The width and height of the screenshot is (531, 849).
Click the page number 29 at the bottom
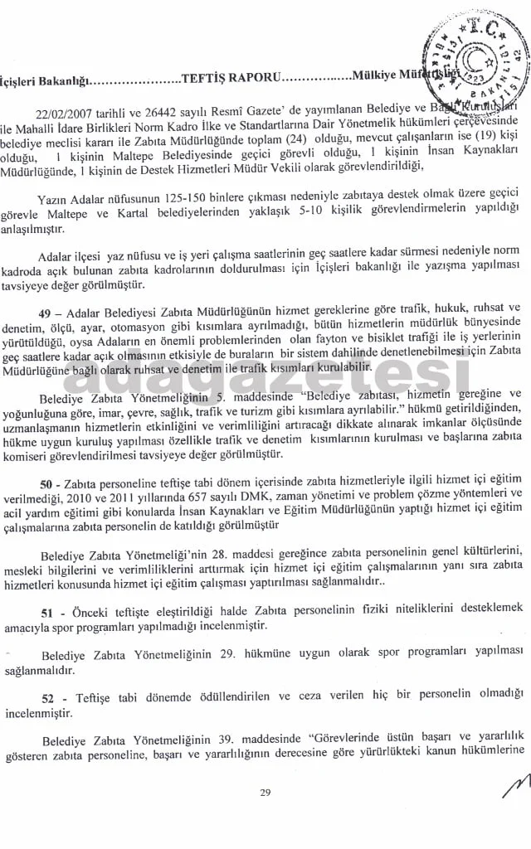click(265, 793)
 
